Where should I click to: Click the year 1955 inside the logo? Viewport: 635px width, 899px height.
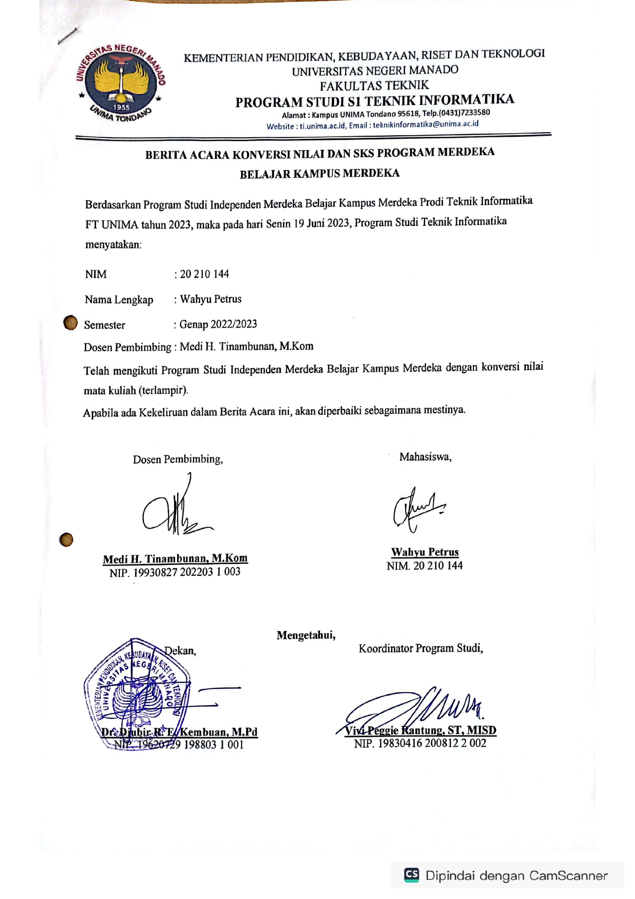coord(121,107)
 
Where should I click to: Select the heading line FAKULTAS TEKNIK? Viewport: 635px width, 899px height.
coord(374,86)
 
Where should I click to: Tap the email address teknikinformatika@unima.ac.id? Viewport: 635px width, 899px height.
coord(426,124)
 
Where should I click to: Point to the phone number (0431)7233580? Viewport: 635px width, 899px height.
coord(464,112)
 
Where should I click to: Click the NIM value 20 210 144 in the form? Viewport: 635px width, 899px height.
coord(204,274)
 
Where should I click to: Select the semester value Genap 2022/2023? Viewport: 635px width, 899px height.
coord(218,324)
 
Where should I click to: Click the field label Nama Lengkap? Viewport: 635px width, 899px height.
coord(119,300)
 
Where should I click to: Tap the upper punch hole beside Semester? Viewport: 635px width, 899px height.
coord(70,323)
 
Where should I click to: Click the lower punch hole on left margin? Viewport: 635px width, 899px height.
coord(66,539)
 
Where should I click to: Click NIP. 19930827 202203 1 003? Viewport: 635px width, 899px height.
coord(175,572)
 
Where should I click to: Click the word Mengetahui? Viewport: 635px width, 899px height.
coord(306,635)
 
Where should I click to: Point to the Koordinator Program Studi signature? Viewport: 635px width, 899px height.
coord(415,709)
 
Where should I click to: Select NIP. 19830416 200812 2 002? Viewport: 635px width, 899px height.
coord(420,743)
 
